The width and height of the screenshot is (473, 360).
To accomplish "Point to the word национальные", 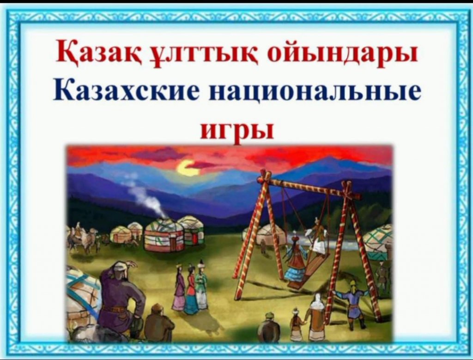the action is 315,91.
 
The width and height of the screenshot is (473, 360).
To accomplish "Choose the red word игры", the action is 237,130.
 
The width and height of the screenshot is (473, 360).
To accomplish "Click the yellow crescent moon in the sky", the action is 187,168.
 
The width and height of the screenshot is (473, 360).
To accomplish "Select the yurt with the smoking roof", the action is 164,234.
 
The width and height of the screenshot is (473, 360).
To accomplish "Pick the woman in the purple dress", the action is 180,288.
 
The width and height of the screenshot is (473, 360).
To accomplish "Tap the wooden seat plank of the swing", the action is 311,267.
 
